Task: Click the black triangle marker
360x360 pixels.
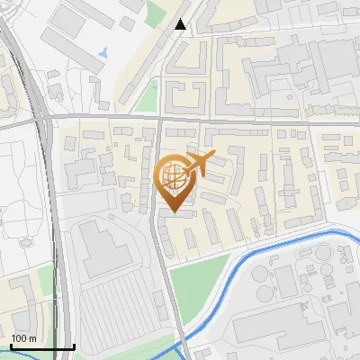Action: click(x=181, y=24)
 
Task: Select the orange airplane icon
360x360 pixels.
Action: click(x=200, y=164)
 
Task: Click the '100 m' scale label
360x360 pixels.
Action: click(x=23, y=337)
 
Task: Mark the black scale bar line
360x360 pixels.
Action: click(x=42, y=346)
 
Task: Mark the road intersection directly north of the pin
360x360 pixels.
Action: click(x=159, y=118)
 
